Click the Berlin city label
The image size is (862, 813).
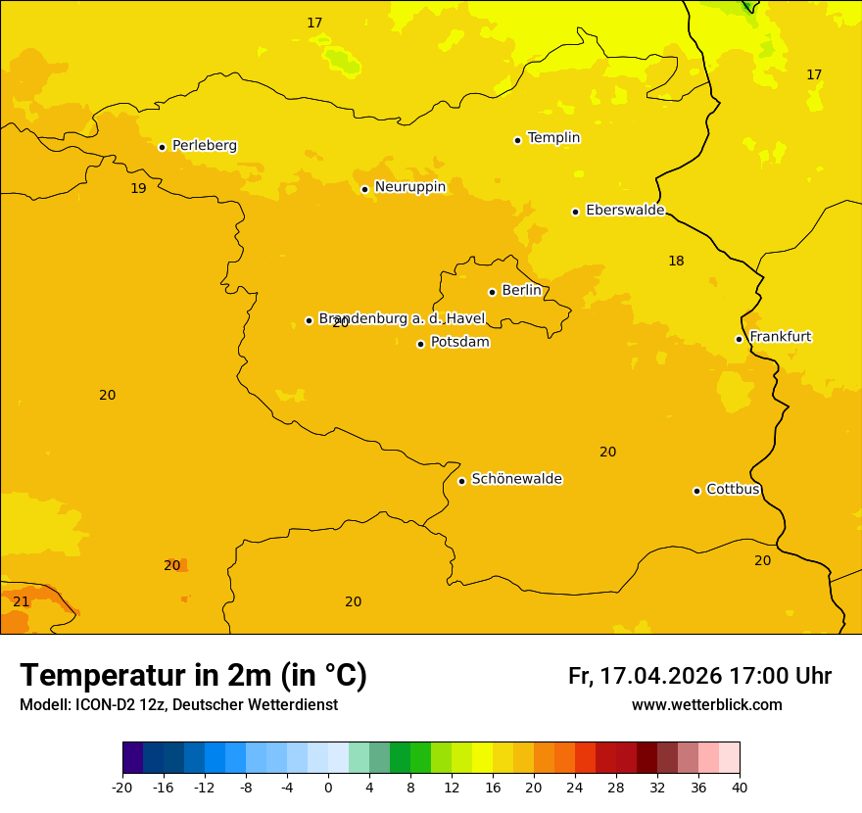[x=521, y=290]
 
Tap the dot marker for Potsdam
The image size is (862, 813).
[x=420, y=344]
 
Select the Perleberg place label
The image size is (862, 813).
[x=204, y=145]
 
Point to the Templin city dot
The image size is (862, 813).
[x=517, y=140]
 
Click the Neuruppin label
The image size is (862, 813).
[x=409, y=186]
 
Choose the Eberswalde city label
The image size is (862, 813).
[x=624, y=210]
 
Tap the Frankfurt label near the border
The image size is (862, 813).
[x=780, y=336]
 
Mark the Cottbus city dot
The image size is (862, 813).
[x=696, y=491]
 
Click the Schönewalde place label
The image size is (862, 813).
[x=516, y=478]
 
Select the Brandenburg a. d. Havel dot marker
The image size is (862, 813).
[x=309, y=320]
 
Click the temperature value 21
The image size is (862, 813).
[x=21, y=601]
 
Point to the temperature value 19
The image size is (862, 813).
[x=138, y=188]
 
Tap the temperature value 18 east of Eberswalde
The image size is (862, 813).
[x=676, y=261]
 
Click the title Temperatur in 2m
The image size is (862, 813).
[x=193, y=675]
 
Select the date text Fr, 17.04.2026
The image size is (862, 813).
[x=645, y=676]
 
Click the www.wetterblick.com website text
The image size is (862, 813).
[x=706, y=704]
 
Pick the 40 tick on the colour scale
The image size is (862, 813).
[x=739, y=787]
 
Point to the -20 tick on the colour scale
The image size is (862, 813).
[x=122, y=787]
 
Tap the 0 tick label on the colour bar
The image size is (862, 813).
[x=328, y=787]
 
